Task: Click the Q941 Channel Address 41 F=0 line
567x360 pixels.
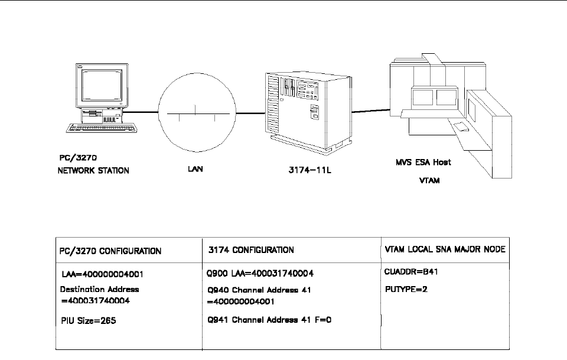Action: pos(266,320)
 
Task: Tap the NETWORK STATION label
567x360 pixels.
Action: pos(90,170)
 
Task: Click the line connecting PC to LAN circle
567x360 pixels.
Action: pos(141,112)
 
